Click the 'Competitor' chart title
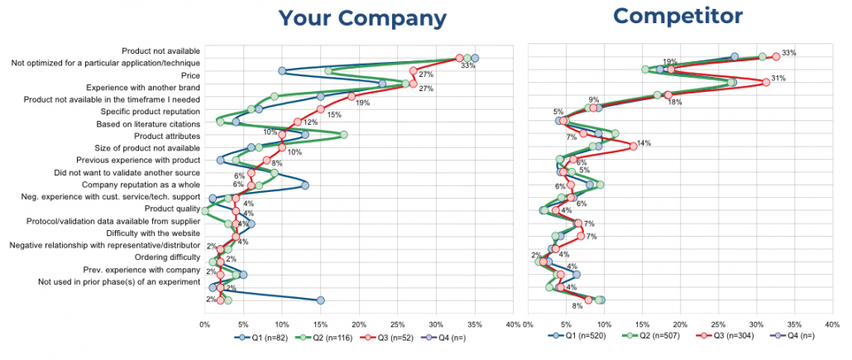click(667, 16)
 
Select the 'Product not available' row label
click(160, 50)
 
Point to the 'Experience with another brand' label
click(142, 87)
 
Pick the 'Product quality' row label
click(171, 209)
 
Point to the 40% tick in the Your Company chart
click(512, 324)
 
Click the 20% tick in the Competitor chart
click(680, 324)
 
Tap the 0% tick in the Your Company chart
click(204, 324)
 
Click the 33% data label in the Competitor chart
click(789, 53)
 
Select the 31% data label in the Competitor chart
click(778, 79)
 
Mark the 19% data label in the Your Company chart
click(362, 103)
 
